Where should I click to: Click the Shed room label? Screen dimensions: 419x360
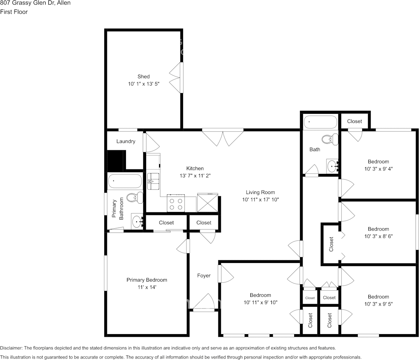tap(143, 76)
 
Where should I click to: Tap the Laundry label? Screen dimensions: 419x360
tap(126, 142)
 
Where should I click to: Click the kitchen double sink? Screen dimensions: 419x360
tap(153, 181)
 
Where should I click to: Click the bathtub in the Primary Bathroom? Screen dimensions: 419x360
tap(125, 181)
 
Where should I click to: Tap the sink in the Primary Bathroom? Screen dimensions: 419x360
tap(138, 221)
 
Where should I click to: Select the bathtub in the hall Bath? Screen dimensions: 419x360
tap(320, 122)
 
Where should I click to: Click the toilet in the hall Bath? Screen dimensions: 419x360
tap(330, 139)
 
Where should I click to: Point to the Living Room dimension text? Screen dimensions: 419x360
tap(261, 200)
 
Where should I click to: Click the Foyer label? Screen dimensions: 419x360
tap(204, 276)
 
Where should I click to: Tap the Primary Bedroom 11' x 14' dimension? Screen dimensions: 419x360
tap(147, 287)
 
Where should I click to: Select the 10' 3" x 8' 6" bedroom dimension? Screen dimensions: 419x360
tap(378, 236)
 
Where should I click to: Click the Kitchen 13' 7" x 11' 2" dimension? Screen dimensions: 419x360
tap(195, 175)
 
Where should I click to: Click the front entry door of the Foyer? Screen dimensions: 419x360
tap(204, 303)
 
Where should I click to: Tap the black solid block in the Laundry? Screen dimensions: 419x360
tap(116, 161)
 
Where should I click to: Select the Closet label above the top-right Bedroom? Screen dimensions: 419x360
tap(355, 121)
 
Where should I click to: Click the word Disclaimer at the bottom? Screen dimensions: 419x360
tap(11, 348)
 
